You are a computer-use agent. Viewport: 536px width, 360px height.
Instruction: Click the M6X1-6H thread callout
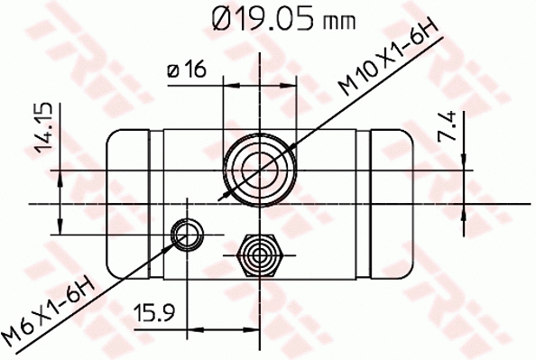click(50, 312)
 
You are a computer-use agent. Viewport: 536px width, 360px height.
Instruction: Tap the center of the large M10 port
click(259, 168)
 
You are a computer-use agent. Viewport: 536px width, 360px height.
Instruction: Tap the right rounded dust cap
click(393, 202)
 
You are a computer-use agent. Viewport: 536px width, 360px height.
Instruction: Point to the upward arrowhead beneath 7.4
click(464, 210)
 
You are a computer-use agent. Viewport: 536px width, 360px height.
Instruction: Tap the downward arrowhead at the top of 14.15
click(60, 176)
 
